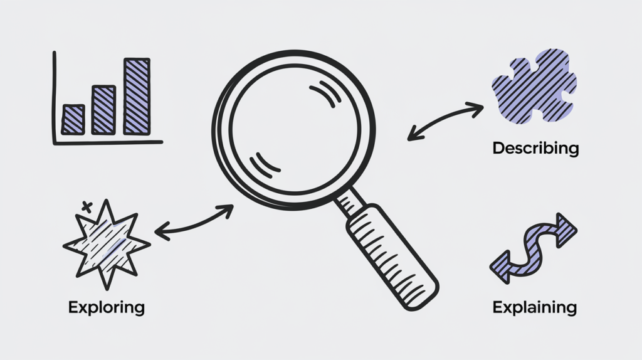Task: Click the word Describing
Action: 535,149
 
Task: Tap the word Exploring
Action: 107,308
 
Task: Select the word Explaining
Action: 535,307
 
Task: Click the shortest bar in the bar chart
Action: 73,120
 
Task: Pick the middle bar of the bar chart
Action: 103,110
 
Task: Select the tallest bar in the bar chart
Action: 137,97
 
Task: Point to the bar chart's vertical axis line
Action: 54,97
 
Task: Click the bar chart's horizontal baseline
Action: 108,143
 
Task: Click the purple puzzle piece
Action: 534,85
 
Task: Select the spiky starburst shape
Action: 107,244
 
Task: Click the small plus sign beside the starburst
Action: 87,207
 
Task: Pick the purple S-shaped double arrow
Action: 534,248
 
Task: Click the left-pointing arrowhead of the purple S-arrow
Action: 500,267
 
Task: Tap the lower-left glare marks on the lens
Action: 263,164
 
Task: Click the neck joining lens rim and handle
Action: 350,203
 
